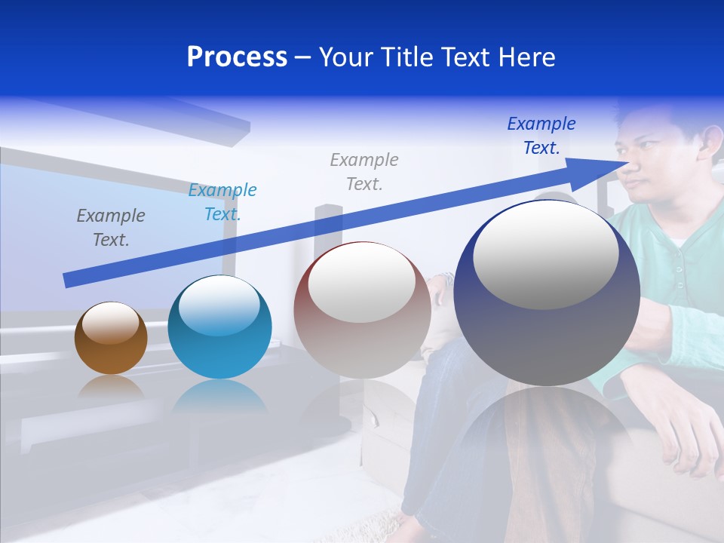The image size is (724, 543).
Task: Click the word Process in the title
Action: [x=237, y=57]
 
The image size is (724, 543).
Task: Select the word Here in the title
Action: [x=524, y=57]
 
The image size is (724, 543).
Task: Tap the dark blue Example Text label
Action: [x=541, y=136]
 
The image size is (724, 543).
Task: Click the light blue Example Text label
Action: [x=222, y=202]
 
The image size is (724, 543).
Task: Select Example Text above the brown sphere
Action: [x=110, y=227]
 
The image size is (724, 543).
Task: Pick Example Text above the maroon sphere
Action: [x=364, y=171]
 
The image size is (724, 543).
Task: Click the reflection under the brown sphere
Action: [x=111, y=388]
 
